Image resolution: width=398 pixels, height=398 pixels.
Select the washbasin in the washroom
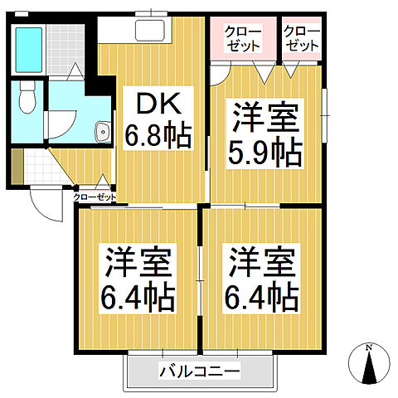pyautogui.click(x=102, y=131)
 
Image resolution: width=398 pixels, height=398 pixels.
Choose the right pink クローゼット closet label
pyautogui.click(x=300, y=38)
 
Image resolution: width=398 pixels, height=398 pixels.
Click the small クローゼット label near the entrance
pyautogui.click(x=94, y=197)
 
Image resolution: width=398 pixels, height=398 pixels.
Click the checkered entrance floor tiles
pyautogui.click(x=37, y=166)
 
